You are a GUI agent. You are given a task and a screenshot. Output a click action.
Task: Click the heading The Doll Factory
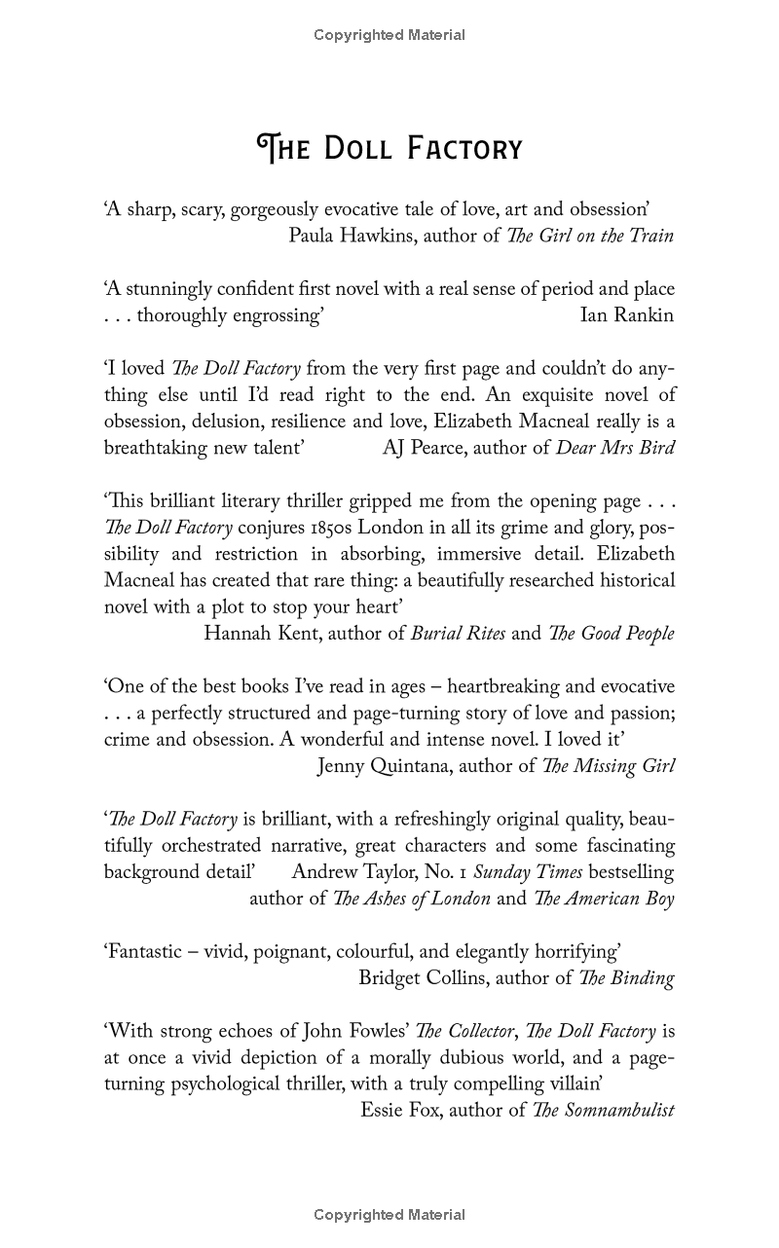coord(389,148)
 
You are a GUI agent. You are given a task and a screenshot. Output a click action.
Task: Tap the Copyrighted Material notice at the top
coord(389,35)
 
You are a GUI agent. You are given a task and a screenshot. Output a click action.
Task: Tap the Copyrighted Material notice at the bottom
coord(389,1214)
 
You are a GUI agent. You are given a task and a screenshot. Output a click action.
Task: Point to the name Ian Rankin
coord(626,315)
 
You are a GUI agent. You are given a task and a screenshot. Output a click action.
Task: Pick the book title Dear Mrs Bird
coord(615,448)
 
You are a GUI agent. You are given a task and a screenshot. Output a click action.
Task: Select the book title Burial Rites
coord(458,634)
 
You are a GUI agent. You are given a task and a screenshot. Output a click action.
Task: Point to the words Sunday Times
coord(528,872)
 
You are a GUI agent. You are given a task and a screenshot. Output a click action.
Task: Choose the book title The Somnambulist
coord(604,1111)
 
